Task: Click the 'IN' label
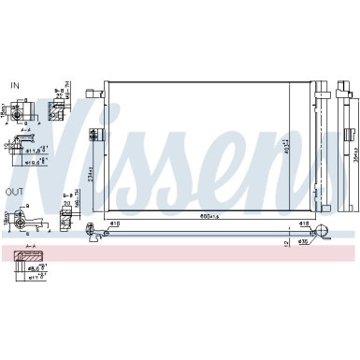(x=14, y=85)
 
